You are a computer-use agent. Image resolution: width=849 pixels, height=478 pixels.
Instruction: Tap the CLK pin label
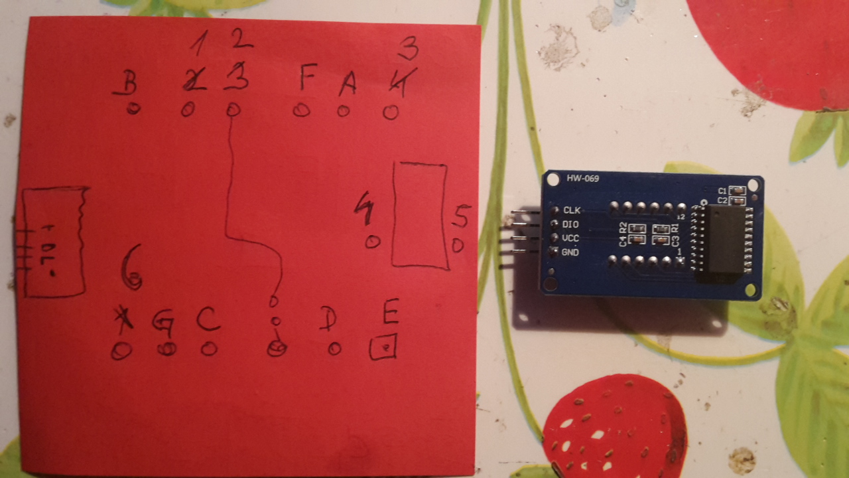(572, 210)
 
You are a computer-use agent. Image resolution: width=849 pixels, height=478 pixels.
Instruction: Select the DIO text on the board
(570, 224)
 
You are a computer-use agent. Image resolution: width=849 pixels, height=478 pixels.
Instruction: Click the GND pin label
(570, 253)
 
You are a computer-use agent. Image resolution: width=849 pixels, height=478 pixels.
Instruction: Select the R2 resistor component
(637, 228)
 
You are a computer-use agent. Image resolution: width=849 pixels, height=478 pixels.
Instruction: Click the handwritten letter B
(129, 84)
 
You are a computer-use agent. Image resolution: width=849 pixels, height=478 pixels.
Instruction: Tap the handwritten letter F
(306, 78)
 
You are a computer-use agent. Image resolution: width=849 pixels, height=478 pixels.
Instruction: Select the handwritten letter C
(208, 320)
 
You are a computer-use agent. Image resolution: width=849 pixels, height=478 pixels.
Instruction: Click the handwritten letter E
(391, 312)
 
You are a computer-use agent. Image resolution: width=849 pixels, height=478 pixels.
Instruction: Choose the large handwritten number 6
(131, 267)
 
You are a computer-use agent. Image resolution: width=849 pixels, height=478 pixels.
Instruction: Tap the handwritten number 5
(462, 216)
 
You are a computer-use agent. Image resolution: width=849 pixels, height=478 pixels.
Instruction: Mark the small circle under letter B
(133, 109)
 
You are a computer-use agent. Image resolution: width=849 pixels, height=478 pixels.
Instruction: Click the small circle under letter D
(334, 349)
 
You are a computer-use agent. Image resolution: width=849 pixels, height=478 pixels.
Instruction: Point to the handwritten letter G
(163, 323)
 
